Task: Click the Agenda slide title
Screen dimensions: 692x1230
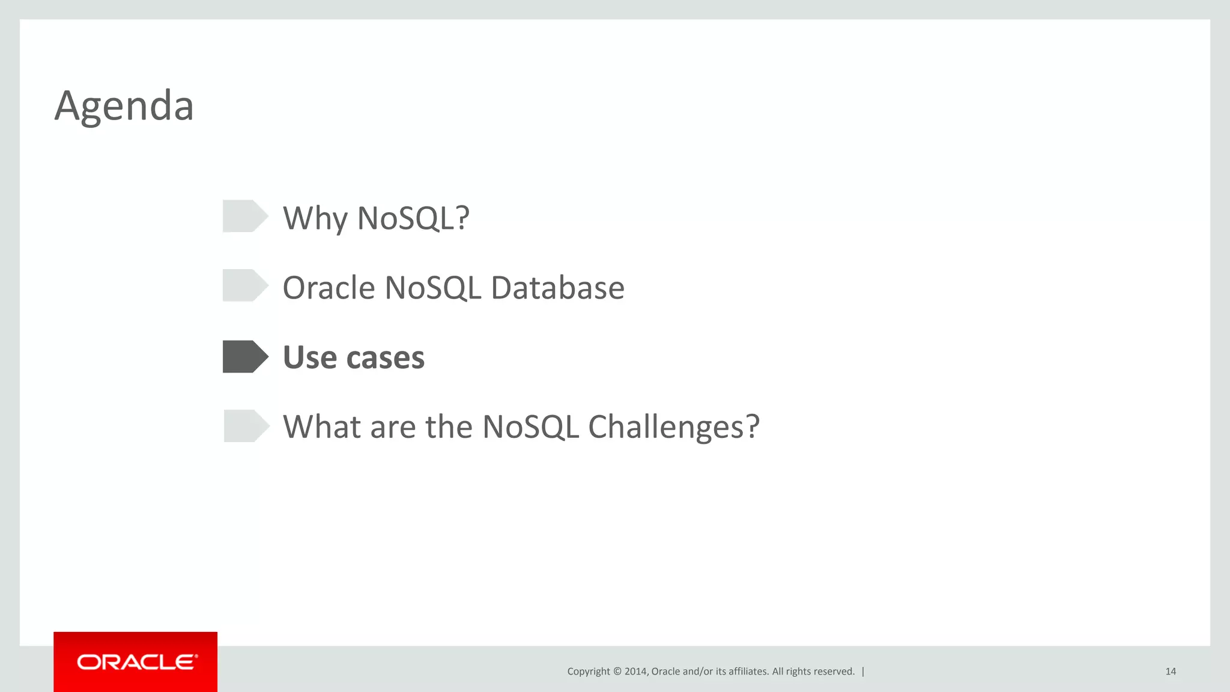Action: point(124,106)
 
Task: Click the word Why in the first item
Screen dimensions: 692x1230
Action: point(315,219)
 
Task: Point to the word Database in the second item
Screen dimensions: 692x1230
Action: point(557,288)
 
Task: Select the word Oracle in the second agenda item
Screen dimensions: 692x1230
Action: point(329,288)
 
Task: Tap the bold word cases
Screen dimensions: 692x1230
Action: point(385,358)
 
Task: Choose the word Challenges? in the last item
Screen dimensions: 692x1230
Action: point(673,427)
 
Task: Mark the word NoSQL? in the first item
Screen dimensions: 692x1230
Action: point(413,219)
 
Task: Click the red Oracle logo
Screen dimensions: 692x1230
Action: point(136,662)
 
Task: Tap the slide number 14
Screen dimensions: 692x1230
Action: point(1170,672)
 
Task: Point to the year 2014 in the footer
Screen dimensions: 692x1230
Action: point(635,672)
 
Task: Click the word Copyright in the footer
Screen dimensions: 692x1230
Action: point(588,672)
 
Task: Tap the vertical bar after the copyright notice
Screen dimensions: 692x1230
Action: point(863,672)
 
